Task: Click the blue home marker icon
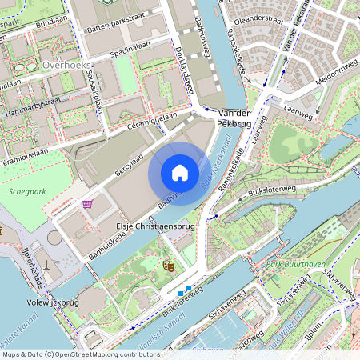[179, 173]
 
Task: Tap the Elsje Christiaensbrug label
[155, 226]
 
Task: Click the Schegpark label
[28, 192]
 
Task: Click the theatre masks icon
[169, 263]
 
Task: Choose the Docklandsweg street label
[185, 77]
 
